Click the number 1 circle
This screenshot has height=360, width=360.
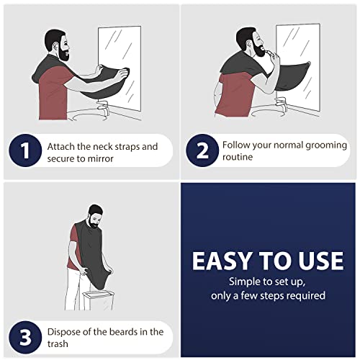coord(25,150)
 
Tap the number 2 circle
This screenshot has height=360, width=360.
coord(202,150)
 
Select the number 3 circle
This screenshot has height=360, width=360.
coord(25,338)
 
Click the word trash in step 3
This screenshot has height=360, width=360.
coord(58,344)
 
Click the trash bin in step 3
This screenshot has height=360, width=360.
coord(98,300)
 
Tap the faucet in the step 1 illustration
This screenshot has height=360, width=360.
coord(104,107)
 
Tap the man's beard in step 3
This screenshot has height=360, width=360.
coord(94,223)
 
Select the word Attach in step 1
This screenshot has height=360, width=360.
coord(61,147)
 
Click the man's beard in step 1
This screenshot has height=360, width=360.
coord(63,53)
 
